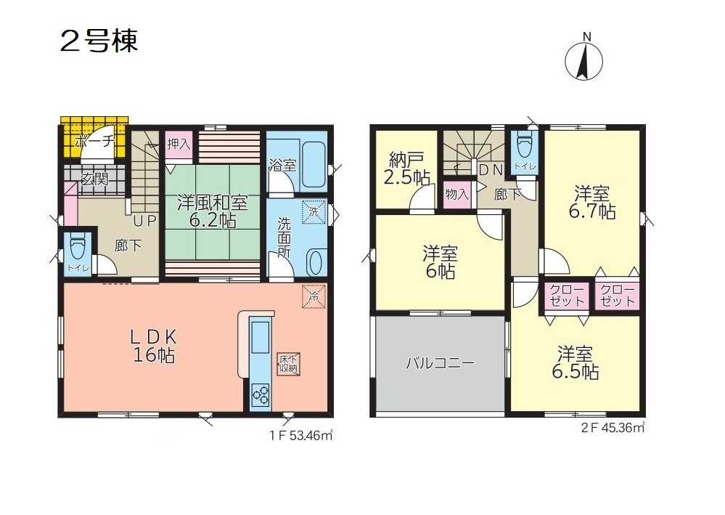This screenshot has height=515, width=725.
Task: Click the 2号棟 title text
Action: [x=99, y=41]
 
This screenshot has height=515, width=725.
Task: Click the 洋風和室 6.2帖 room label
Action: [x=212, y=211]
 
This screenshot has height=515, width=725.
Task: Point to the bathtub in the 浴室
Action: [x=313, y=164]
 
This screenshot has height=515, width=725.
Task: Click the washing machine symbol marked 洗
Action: [x=314, y=212]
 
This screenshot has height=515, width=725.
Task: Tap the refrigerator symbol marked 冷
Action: [x=314, y=296]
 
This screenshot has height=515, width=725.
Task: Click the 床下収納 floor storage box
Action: [x=288, y=363]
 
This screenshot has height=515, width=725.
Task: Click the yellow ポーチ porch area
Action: [x=94, y=138]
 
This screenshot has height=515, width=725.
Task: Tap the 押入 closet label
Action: [x=179, y=144]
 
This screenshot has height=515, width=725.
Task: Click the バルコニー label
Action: [x=441, y=362]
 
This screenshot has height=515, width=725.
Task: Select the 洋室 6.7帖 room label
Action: [x=592, y=202]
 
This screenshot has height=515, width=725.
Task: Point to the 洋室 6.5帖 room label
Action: [x=576, y=362]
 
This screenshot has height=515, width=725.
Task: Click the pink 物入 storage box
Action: [x=456, y=195]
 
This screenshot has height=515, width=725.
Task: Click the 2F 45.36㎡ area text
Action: [x=613, y=428]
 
